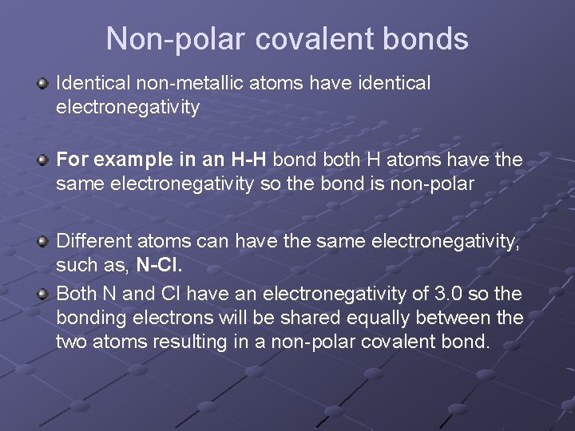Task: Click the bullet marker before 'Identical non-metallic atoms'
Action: coord(43,83)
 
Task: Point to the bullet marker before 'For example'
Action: coord(43,160)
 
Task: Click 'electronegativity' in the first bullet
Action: coord(128,105)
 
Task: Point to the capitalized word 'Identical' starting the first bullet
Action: coord(88,82)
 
